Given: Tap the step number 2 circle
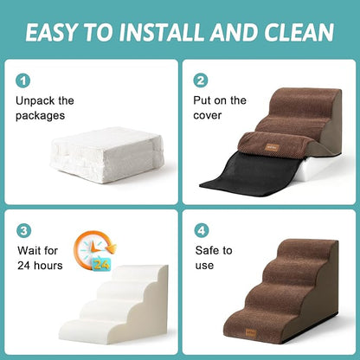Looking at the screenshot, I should click(x=201, y=80).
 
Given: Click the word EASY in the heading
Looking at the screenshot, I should click(x=58, y=32).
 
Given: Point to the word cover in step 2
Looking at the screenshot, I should click(x=209, y=115).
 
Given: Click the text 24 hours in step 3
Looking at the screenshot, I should click(x=41, y=266).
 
